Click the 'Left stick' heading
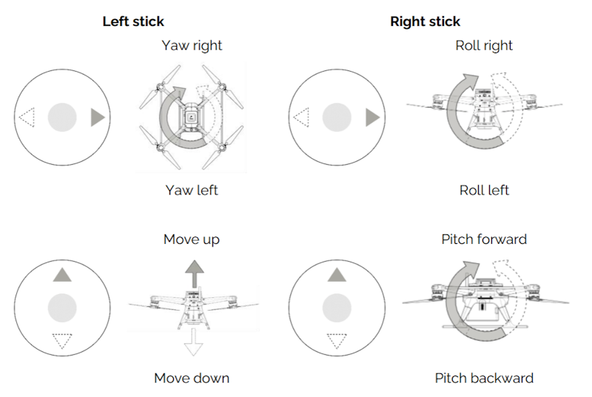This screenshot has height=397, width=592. pos(133,21)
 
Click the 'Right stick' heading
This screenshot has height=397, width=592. pos(425,21)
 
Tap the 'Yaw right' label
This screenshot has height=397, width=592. pos(192,46)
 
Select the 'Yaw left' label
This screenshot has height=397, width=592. pos(192,190)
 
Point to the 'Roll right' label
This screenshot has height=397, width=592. pos(484,46)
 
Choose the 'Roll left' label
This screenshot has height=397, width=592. pos(484,190)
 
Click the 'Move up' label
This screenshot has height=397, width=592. pos(192,240)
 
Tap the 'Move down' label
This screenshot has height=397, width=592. pos(192,378)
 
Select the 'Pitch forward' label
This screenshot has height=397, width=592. pos(484,240)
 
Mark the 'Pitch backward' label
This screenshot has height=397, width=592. pos(484,378)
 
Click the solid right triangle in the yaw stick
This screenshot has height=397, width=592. pos(98,117)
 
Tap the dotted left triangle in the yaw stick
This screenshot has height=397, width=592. pos(27,117)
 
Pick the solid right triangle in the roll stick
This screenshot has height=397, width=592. pos(372,117)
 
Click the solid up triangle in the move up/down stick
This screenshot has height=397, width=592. pos(62,275)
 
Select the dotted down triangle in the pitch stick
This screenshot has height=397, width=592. pos(337,342)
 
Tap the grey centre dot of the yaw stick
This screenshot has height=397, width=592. pos(62,117)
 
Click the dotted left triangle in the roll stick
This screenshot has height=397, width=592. pos(301,117)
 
